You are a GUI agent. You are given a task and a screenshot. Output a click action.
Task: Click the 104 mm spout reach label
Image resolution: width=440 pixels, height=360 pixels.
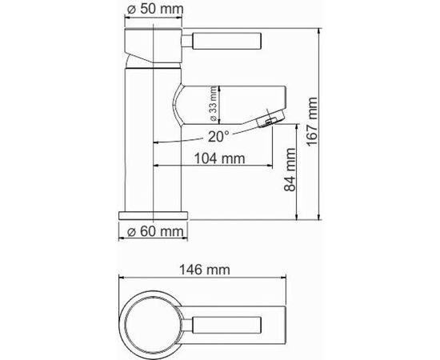[219, 158]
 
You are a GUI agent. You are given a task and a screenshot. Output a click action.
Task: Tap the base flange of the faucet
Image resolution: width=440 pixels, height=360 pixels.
[154, 214]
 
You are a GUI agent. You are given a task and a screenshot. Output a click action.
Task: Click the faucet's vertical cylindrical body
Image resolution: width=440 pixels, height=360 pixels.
[154, 144]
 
